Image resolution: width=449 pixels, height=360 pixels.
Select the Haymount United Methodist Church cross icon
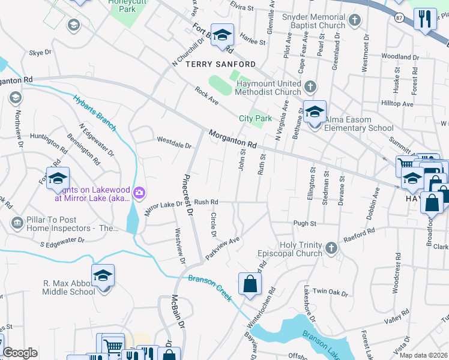(x=310, y=88)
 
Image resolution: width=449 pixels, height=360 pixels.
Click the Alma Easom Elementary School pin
(x=315, y=112)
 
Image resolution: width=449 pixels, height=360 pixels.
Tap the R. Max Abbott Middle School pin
(x=103, y=276)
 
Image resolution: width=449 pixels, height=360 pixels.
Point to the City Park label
(x=256, y=119)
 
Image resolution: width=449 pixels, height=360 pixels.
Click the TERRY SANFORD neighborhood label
(x=220, y=64)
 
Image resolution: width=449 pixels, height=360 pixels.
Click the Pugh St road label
(x=304, y=223)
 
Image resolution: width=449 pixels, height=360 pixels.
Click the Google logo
(x=20, y=353)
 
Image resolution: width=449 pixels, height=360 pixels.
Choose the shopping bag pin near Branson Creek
(x=250, y=284)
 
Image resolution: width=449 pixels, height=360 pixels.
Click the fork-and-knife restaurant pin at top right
(x=425, y=19)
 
